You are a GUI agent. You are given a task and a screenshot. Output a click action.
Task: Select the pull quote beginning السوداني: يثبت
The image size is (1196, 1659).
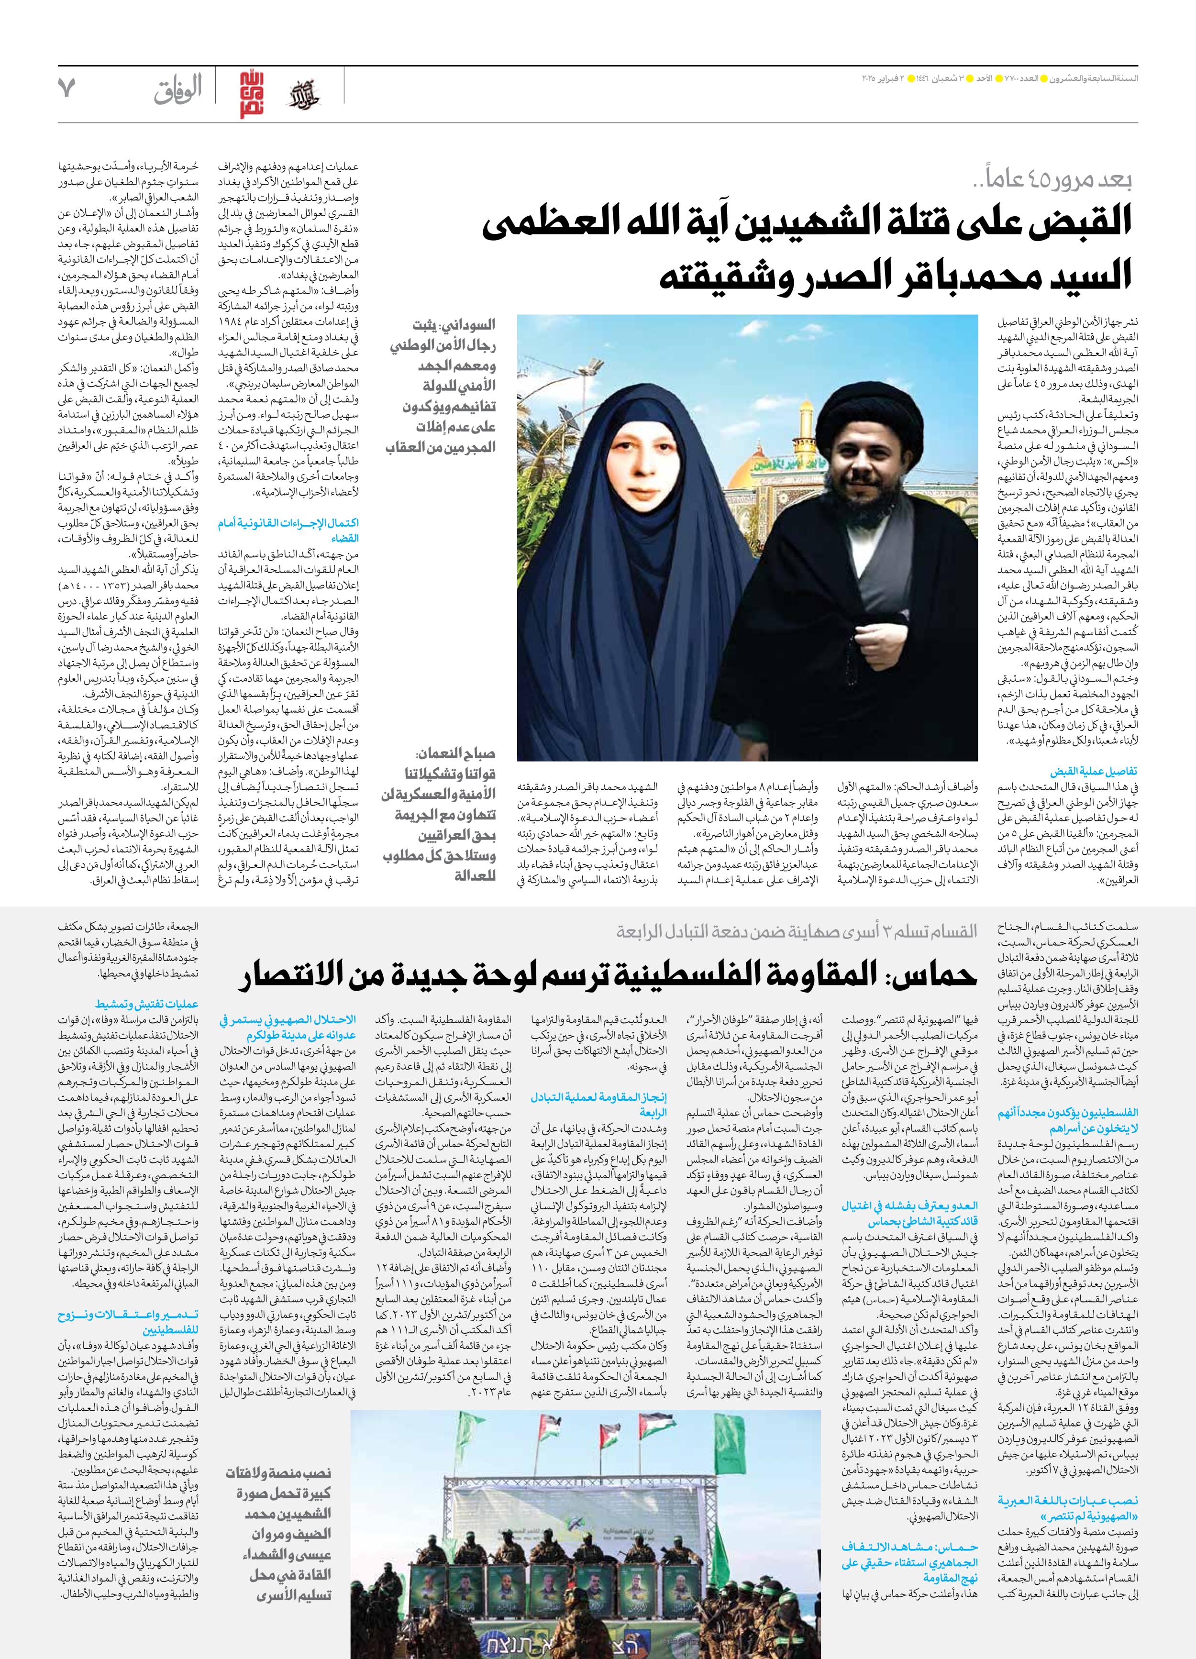(x=443, y=386)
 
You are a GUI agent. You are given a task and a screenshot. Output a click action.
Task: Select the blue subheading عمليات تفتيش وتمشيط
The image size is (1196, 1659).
(x=146, y=1004)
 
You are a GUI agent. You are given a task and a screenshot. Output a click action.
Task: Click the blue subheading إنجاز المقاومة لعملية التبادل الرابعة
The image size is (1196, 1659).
(x=598, y=1105)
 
